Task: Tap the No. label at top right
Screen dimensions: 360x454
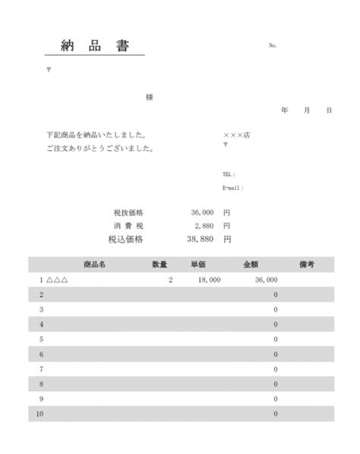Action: (x=273, y=46)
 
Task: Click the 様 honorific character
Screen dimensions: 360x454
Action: (x=150, y=97)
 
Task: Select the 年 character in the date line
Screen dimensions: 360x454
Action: (x=285, y=111)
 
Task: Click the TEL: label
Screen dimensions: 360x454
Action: (x=229, y=174)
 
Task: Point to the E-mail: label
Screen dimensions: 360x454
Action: (x=233, y=188)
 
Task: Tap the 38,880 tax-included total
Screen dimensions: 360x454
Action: (x=201, y=238)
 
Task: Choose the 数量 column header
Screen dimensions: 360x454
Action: (x=159, y=264)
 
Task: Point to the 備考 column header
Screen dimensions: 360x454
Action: (x=307, y=264)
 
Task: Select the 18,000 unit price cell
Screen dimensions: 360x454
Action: (x=209, y=280)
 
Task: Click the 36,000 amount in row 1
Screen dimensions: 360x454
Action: (x=266, y=280)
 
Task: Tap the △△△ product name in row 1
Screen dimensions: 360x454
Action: (x=58, y=280)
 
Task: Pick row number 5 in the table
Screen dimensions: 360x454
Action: (x=41, y=339)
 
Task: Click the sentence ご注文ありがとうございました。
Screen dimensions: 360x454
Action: (x=100, y=149)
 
